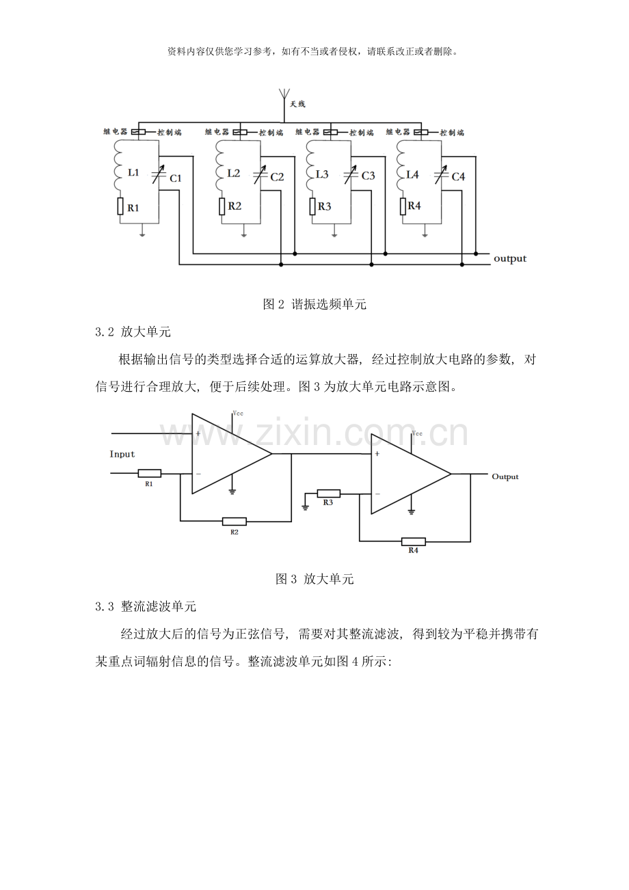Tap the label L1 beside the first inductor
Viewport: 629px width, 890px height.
(133, 172)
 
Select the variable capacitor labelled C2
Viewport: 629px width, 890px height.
(260, 175)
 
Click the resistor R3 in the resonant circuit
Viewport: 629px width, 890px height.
(312, 206)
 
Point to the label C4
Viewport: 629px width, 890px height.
(458, 176)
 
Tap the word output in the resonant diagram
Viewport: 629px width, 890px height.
(510, 258)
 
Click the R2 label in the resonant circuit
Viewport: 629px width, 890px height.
(235, 206)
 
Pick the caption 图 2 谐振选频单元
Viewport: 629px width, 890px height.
(314, 304)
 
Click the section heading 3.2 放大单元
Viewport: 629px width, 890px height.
(133, 332)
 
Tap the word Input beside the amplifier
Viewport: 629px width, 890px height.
(122, 454)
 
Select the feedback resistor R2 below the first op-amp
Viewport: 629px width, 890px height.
(234, 522)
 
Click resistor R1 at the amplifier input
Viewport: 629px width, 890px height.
(150, 473)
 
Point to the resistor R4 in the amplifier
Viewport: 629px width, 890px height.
(413, 541)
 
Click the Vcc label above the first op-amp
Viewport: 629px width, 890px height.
(238, 413)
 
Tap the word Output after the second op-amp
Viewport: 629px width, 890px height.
(505, 477)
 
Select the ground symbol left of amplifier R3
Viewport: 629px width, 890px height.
(305, 507)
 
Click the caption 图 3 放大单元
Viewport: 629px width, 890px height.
(314, 579)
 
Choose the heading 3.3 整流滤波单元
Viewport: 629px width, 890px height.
(146, 606)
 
